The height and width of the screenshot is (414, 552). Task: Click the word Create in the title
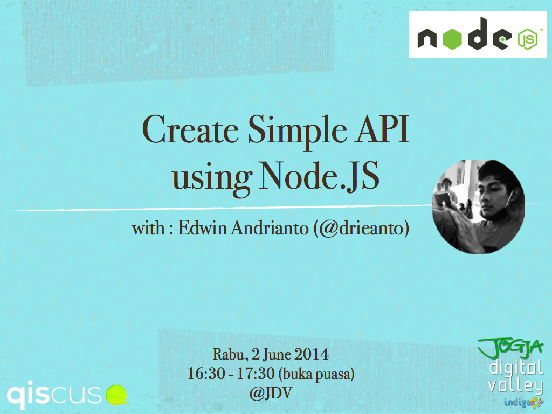[190, 129]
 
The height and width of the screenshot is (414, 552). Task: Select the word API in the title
[383, 129]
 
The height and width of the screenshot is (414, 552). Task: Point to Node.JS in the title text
[320, 176]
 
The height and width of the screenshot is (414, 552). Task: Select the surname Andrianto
[270, 228]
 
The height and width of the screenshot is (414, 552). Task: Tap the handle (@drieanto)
[361, 229]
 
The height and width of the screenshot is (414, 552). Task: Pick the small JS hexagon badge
[527, 39]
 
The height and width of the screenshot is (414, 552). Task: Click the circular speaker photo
[478, 206]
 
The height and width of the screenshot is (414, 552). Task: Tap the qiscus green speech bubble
[117, 395]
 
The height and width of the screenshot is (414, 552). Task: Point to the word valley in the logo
[515, 386]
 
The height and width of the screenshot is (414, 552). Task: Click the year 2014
[312, 354]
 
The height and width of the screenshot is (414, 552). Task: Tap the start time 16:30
[206, 374]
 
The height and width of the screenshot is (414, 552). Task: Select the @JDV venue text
[271, 393]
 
